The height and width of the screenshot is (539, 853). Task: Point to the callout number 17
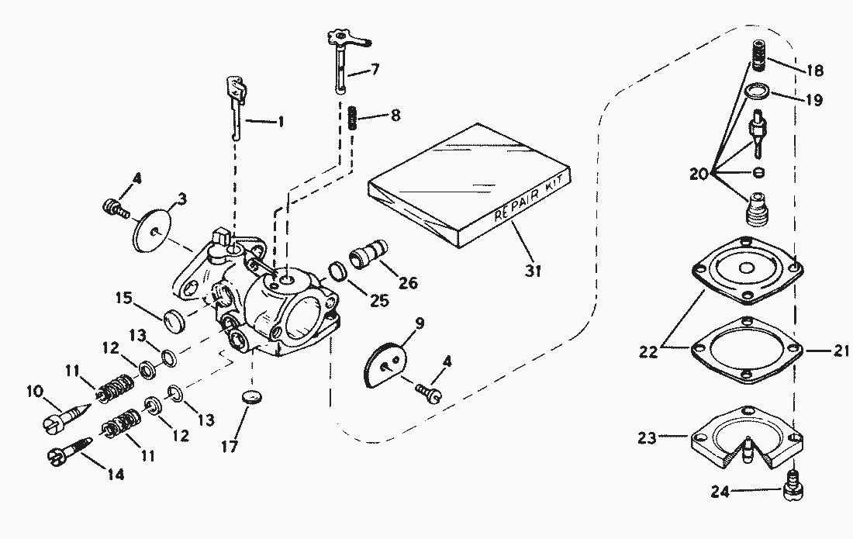230,447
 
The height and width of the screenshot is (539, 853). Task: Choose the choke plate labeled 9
386,361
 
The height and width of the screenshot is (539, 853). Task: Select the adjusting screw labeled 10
64,419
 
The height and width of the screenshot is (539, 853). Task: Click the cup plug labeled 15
175,319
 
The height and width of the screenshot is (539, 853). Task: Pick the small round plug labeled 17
250,398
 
